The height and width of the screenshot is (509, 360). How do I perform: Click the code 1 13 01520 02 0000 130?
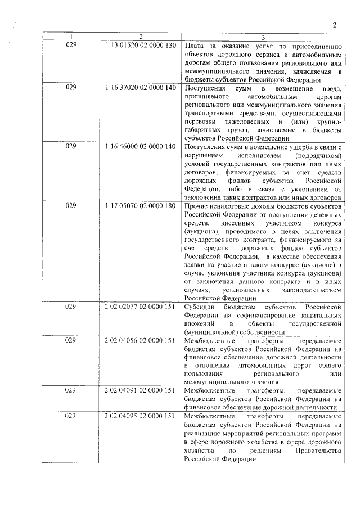point(141,44)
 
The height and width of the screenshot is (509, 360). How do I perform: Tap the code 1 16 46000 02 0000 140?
point(141,146)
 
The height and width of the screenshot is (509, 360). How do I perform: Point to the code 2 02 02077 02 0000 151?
point(141,307)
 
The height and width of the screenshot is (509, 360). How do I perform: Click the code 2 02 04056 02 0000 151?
point(141,341)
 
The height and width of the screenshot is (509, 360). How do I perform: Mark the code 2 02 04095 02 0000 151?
point(141,417)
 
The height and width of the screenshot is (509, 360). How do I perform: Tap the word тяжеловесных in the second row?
point(243,121)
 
